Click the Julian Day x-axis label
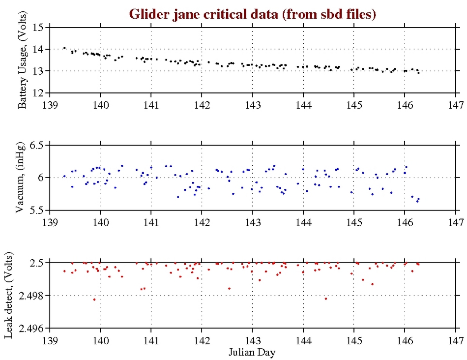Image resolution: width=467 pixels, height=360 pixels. [x=252, y=352]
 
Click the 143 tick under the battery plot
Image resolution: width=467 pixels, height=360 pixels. [x=252, y=105]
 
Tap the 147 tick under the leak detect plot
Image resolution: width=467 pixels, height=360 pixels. [x=455, y=340]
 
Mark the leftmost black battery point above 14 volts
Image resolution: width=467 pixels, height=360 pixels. [x=64, y=48]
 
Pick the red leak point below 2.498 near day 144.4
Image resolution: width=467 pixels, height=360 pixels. [x=325, y=299]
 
